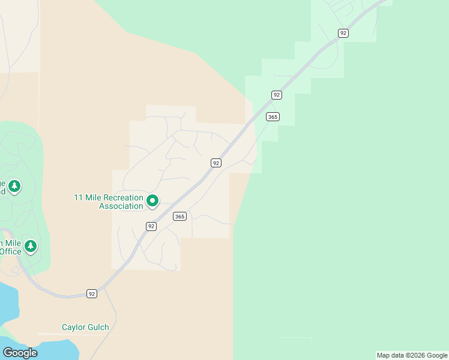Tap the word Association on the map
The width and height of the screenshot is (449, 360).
pyautogui.click(x=121, y=206)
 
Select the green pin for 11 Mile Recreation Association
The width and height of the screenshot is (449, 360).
pyautogui.click(x=152, y=201)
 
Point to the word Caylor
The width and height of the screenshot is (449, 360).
pyautogui.click(x=74, y=327)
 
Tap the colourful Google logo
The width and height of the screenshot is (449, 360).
pyautogui.click(x=20, y=353)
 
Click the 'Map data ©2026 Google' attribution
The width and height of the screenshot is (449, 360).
pyautogui.click(x=412, y=355)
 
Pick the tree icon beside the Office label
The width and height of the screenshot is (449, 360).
pyautogui.click(x=31, y=246)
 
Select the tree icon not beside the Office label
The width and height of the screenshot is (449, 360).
pyautogui.click(x=14, y=187)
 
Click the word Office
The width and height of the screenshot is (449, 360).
pyautogui.click(x=11, y=251)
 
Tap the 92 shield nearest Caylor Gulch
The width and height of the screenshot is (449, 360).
pyautogui.click(x=91, y=293)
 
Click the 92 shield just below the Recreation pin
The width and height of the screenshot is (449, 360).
pyautogui.click(x=151, y=226)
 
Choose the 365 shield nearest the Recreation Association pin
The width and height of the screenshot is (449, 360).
pyautogui.click(x=179, y=216)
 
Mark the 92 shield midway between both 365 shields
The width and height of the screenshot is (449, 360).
pyautogui.click(x=216, y=163)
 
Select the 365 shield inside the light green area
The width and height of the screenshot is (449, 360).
pyautogui.click(x=273, y=116)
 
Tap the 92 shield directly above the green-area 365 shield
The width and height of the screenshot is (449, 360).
pyautogui.click(x=276, y=95)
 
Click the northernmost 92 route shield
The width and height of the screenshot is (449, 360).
pyautogui.click(x=343, y=33)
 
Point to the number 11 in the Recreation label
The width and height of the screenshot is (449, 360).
pyautogui.click(x=78, y=197)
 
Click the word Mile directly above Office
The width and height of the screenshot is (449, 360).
pyautogui.click(x=11, y=243)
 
